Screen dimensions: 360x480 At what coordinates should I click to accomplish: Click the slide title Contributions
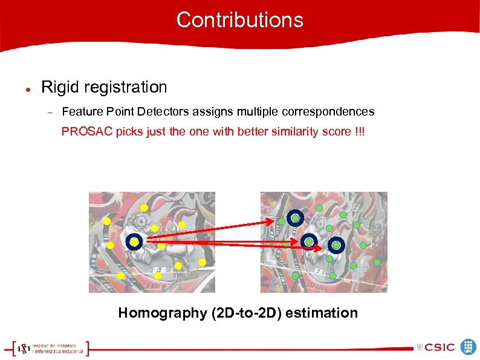coord(239,20)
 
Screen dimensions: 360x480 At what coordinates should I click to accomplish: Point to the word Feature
coord(80,112)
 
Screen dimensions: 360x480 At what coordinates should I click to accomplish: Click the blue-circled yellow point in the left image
coord(134,242)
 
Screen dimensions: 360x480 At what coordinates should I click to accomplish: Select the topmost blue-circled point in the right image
coord(295,218)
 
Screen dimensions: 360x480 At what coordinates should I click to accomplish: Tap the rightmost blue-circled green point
coord(336,245)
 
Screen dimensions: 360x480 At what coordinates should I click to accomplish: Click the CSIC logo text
coord(439,347)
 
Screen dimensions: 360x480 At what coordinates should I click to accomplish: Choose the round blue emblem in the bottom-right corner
coord(469,347)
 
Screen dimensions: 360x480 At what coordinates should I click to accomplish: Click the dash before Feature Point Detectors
coord(51,113)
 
